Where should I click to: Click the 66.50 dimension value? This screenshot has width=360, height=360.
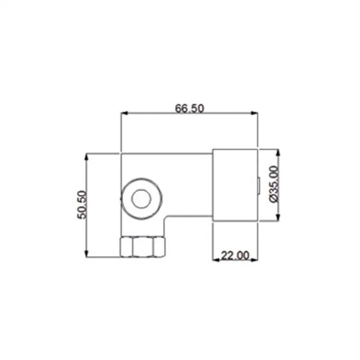tap(189, 109)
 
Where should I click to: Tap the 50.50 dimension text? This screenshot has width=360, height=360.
tap(82, 205)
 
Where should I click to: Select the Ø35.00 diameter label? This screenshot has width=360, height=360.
tap(274, 184)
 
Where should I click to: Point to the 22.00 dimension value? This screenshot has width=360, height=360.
tap(235, 255)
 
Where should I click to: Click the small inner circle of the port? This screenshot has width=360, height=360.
tap(141, 199)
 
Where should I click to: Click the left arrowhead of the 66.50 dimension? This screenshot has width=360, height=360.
tap(124, 113)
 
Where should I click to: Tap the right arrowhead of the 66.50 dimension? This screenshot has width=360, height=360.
tap(255, 113)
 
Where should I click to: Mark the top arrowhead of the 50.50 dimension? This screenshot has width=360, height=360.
tap(86, 157)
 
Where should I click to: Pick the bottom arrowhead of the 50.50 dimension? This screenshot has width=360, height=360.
tap(86, 254)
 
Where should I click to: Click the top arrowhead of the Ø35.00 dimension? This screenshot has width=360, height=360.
tap(278, 153)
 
